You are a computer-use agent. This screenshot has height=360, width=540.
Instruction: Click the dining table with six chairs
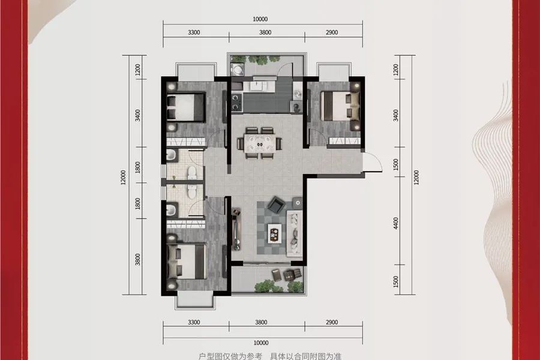(x=260, y=143)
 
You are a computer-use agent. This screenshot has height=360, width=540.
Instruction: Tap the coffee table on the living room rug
(x=274, y=234)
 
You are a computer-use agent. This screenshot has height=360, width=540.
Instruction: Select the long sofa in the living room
(x=295, y=232)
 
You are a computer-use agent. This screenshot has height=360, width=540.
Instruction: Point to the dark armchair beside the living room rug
(x=276, y=205)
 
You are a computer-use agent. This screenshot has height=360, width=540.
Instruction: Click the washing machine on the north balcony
(x=238, y=69)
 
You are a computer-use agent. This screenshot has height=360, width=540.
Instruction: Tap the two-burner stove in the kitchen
(x=236, y=103)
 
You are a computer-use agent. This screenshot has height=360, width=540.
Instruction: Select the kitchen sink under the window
(x=259, y=85)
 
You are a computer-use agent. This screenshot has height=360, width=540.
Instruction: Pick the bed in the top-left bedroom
(x=186, y=107)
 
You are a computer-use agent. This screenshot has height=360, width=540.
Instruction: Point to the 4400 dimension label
(x=396, y=223)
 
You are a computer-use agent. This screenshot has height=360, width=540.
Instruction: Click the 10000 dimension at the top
(x=260, y=19)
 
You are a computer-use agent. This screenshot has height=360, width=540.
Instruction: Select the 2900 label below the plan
(x=332, y=322)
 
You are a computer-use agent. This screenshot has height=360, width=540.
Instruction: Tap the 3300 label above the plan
(x=194, y=32)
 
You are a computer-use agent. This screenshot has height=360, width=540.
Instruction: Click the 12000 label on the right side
(x=416, y=178)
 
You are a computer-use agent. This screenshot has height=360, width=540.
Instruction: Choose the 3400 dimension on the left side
(x=138, y=115)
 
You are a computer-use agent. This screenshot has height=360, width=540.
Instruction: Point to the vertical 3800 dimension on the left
(x=138, y=259)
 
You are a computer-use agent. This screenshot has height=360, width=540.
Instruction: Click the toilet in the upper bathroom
(x=192, y=172)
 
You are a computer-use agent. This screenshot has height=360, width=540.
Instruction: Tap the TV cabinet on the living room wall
(x=236, y=229)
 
